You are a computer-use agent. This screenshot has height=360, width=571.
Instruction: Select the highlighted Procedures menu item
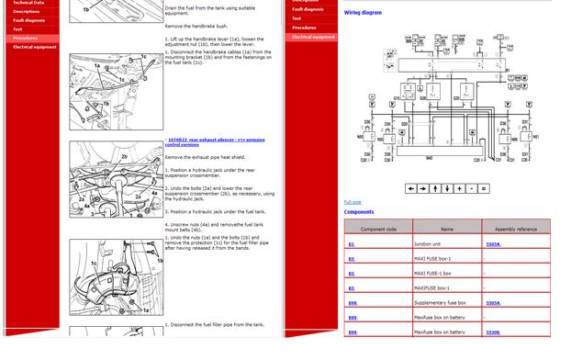tap(26, 38)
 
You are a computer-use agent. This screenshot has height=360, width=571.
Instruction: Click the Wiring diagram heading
tap(364, 13)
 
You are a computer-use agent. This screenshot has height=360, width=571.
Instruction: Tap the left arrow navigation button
tap(411, 188)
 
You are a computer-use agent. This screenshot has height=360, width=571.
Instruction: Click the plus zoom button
tap(460, 188)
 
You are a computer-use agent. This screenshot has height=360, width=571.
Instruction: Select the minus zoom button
tap(472, 188)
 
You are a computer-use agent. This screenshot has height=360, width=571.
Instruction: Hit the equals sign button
tap(484, 188)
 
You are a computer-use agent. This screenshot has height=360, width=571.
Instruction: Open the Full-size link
tap(353, 202)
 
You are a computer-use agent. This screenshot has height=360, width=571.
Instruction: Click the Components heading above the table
tap(359, 212)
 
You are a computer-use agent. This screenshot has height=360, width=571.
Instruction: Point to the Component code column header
tap(378, 229)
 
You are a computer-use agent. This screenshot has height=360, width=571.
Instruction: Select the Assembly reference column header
tap(515, 229)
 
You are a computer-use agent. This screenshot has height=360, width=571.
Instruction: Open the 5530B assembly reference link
tap(493, 332)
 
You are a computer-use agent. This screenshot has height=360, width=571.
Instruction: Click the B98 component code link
tap(352, 302)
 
